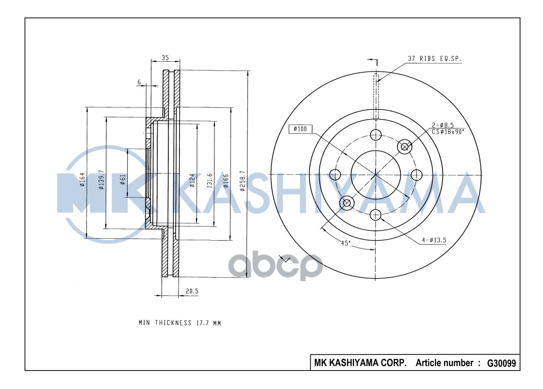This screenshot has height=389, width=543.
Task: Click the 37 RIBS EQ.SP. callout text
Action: click(x=434, y=59)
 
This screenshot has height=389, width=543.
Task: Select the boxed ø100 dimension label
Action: click(x=300, y=129)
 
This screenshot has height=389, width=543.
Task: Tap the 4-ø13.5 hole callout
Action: click(x=434, y=240)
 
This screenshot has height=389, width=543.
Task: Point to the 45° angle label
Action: click(x=346, y=243)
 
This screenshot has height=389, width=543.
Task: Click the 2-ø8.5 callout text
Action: click(x=443, y=125)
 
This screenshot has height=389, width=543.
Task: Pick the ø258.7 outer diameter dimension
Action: click(x=243, y=181)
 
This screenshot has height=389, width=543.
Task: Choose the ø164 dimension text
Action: click(x=82, y=179)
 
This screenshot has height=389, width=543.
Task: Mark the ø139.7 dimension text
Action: click(x=101, y=180)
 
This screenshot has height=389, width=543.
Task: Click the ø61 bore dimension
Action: click(x=123, y=179)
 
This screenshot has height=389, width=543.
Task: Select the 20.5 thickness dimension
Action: click(x=192, y=291)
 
